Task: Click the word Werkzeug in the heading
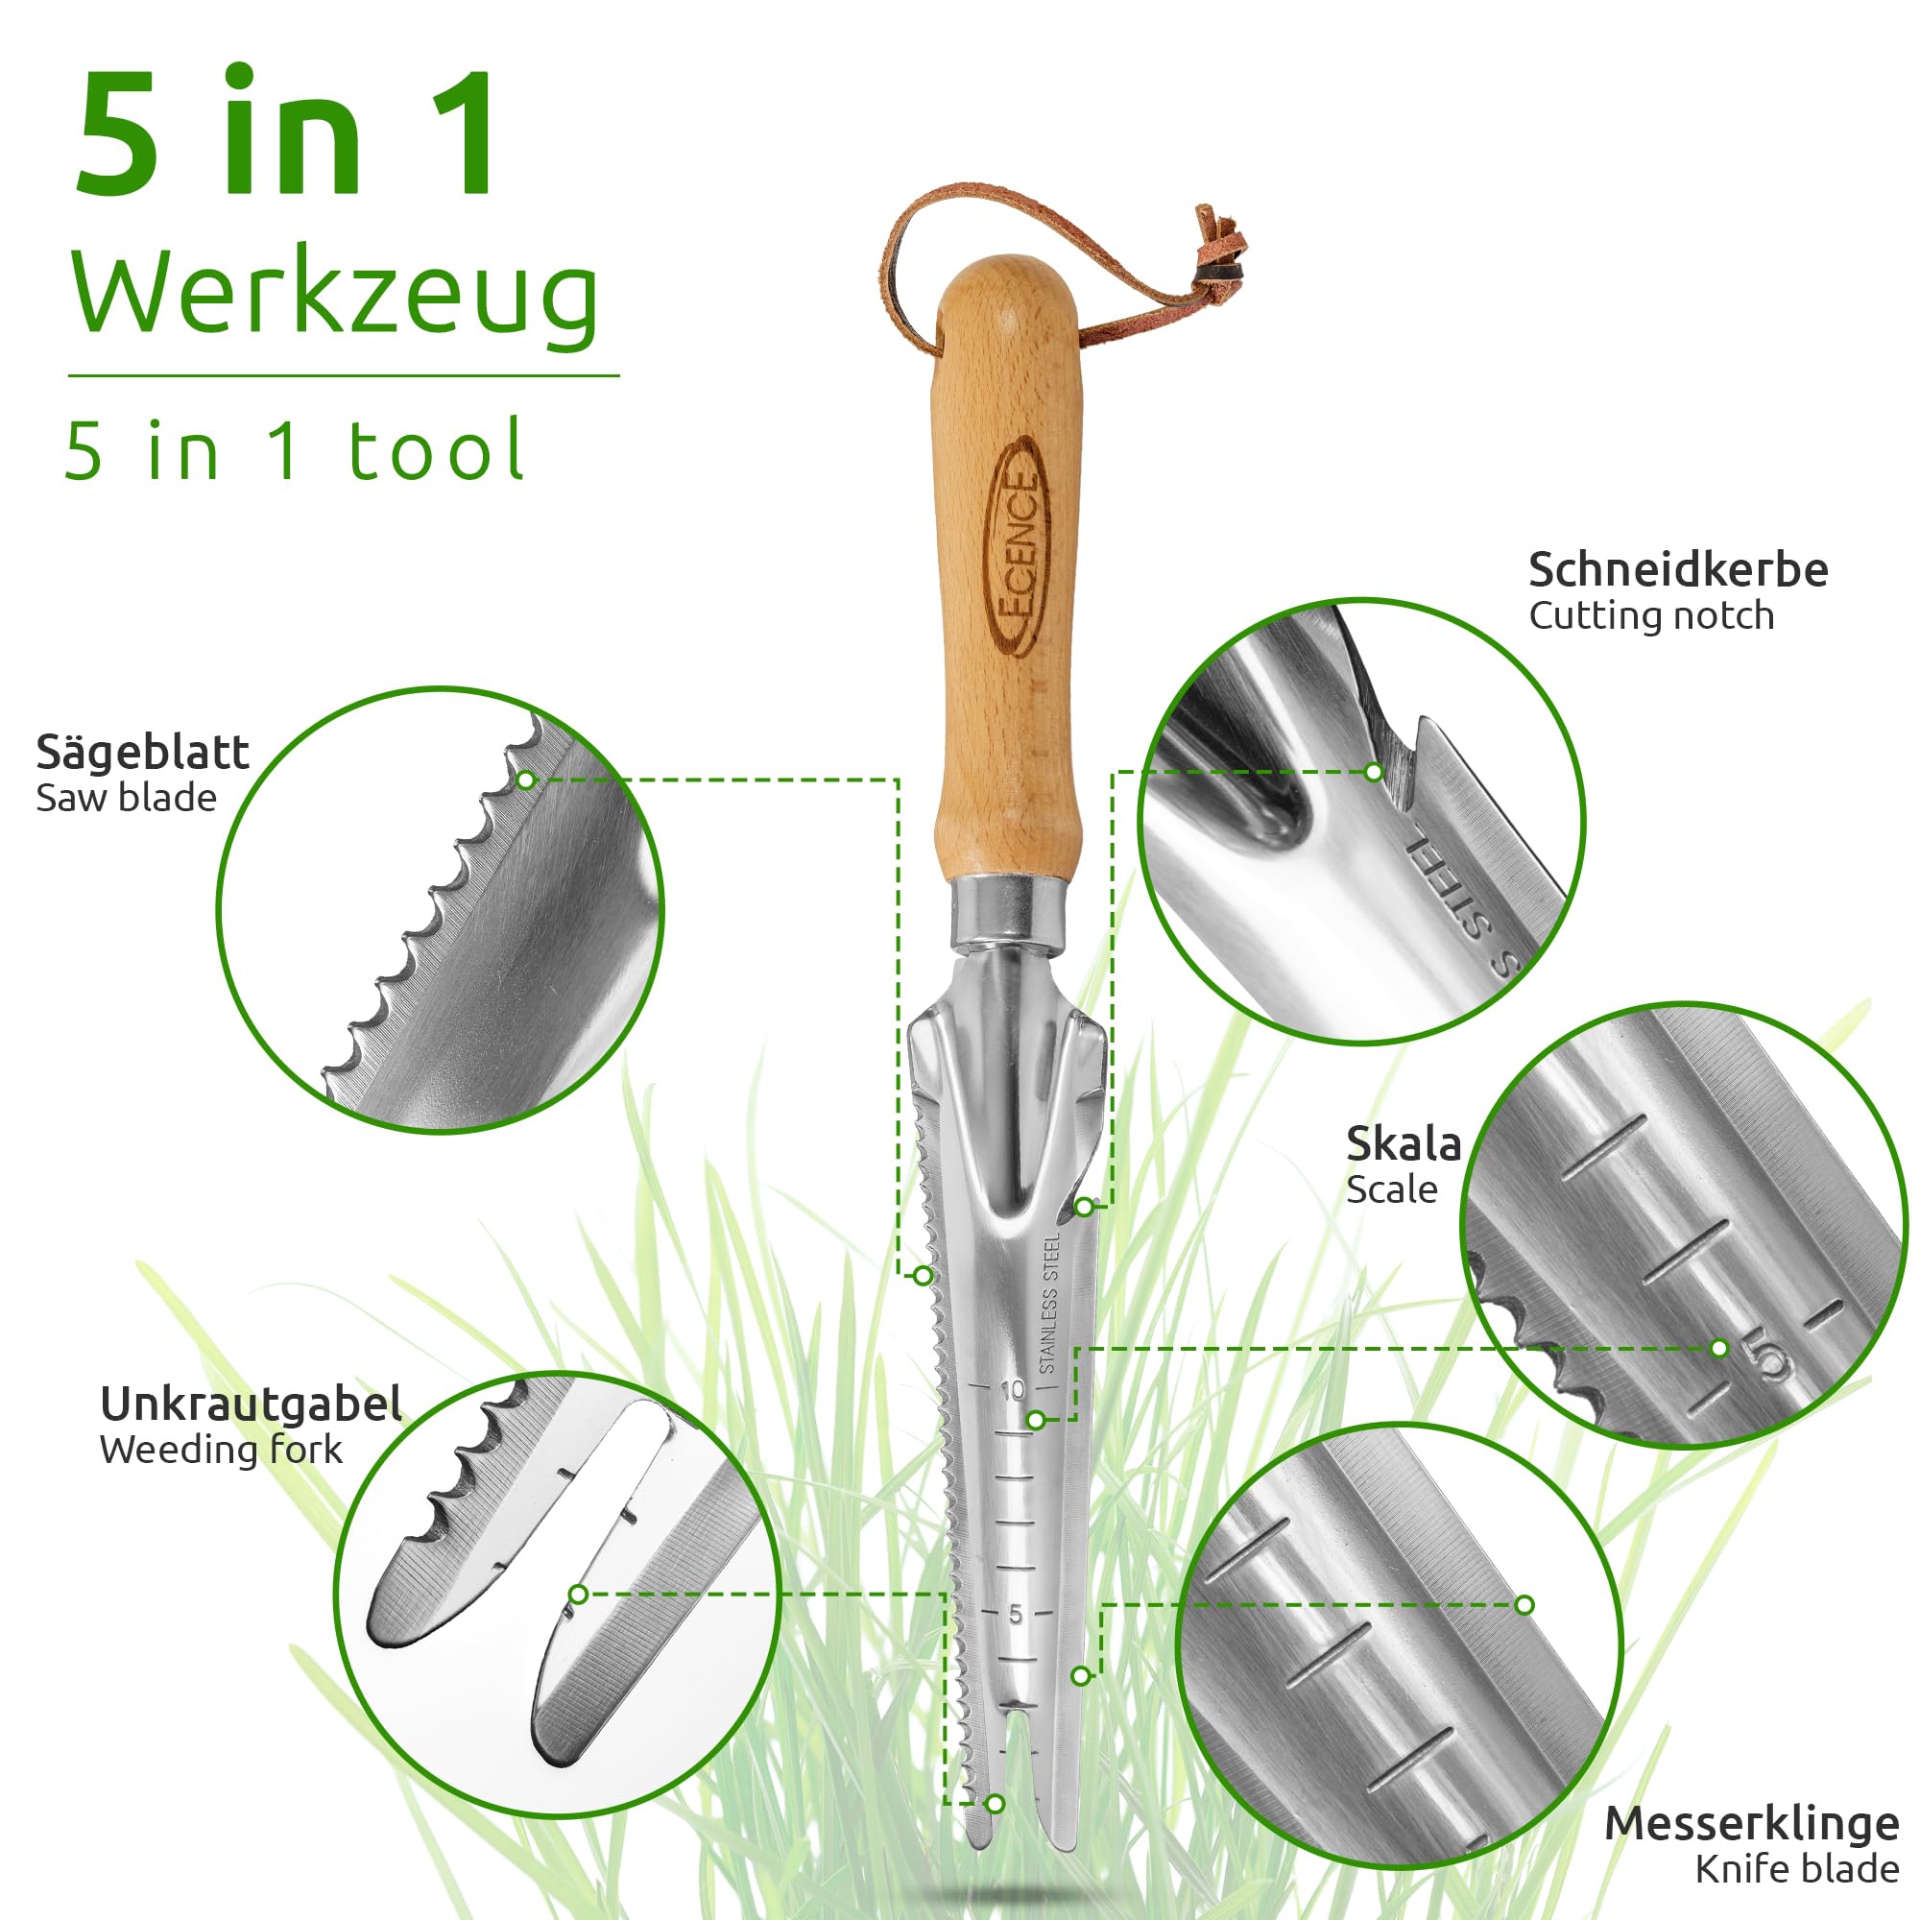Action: click(335, 295)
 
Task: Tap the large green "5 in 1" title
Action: click(285, 134)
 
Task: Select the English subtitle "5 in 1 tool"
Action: click(294, 451)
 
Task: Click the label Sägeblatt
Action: click(142, 753)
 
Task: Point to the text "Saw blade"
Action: click(126, 798)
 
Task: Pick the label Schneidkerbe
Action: click(1677, 570)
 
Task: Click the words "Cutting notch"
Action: click(1650, 616)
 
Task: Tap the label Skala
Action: click(1404, 1144)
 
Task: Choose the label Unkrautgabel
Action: click(252, 1404)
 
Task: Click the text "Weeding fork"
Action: click(221, 1450)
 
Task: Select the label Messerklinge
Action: click(1752, 1824)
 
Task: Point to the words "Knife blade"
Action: click(1797, 1869)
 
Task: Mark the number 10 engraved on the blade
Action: click(1012, 1390)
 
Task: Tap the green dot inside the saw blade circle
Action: click(527, 780)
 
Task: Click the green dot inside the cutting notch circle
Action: click(1374, 771)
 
